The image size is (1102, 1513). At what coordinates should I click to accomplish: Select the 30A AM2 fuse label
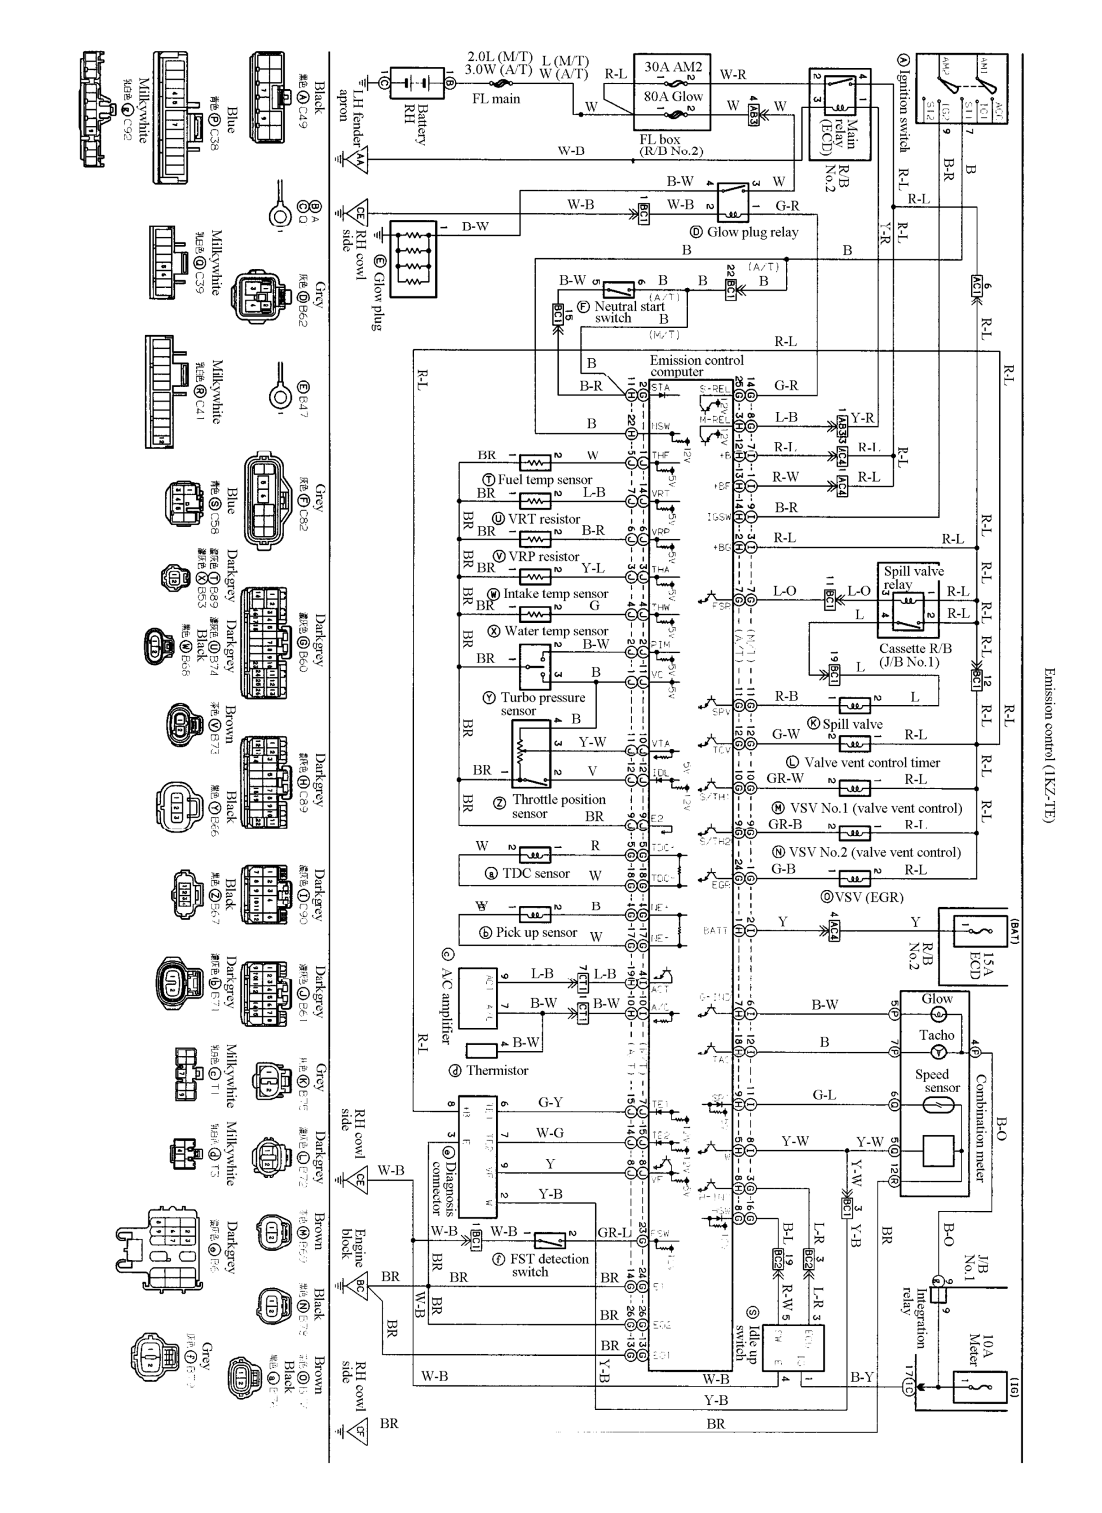click(x=673, y=67)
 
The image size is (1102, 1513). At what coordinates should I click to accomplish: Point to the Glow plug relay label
click(x=752, y=232)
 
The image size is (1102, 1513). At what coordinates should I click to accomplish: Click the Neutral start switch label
click(x=630, y=311)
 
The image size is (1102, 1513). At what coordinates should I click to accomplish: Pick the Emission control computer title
click(x=696, y=366)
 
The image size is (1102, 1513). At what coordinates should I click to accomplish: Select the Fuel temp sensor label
click(x=545, y=479)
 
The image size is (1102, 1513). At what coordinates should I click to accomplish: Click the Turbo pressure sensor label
click(x=542, y=703)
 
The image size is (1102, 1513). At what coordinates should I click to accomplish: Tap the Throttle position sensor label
click(x=557, y=806)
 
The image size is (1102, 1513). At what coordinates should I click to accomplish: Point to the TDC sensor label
click(x=536, y=873)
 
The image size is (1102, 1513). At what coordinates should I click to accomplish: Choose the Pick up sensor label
click(x=536, y=933)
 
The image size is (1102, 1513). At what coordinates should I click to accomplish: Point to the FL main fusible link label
click(x=495, y=99)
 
